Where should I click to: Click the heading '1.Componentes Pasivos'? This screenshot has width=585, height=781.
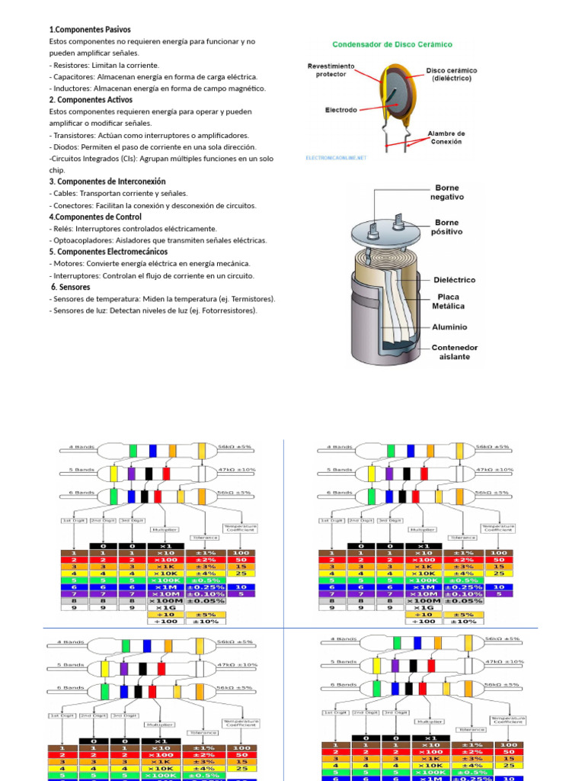90,30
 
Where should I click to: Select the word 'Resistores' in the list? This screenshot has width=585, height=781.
72,65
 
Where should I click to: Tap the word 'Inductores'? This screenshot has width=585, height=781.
74,88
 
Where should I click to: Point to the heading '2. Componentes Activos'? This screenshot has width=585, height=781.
91,100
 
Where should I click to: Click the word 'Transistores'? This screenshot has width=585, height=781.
78,135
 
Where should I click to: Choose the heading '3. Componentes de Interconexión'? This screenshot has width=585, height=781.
107,182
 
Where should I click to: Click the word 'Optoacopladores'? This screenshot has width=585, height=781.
84,240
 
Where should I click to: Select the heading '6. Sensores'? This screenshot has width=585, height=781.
71,288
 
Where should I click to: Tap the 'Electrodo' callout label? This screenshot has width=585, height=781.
341,110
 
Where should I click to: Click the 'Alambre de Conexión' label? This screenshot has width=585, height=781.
446,137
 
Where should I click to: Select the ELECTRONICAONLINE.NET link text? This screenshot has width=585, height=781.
336,158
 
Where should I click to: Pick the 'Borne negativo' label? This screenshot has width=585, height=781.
447,192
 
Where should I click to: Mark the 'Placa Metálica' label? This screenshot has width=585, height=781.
449,301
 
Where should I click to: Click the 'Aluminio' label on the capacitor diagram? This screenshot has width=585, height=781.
449,326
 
